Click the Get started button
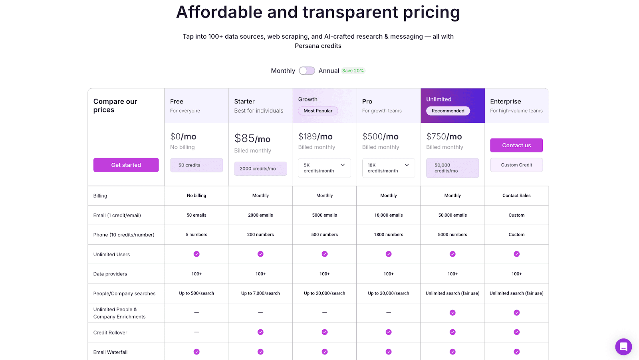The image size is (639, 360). click(126, 165)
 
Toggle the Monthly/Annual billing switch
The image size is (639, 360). click(307, 71)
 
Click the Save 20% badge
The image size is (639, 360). click(353, 71)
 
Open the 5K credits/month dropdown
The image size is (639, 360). click(324, 168)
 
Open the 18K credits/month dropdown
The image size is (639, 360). click(388, 168)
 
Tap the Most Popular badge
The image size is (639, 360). click(318, 111)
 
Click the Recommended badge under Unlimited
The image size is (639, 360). click(448, 111)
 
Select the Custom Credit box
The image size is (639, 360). click(516, 165)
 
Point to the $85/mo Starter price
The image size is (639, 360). click(252, 138)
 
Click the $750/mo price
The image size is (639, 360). click(444, 136)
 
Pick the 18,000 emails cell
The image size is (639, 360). click(388, 215)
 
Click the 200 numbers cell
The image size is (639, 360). click(260, 235)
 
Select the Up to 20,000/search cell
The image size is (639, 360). click(324, 293)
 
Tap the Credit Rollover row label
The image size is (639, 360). click(110, 332)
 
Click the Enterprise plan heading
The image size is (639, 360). click(506, 101)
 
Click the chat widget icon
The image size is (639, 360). click(623, 346)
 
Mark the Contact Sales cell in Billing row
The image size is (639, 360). click(516, 196)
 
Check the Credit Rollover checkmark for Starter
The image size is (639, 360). click(260, 332)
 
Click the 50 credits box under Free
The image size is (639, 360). click(196, 165)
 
